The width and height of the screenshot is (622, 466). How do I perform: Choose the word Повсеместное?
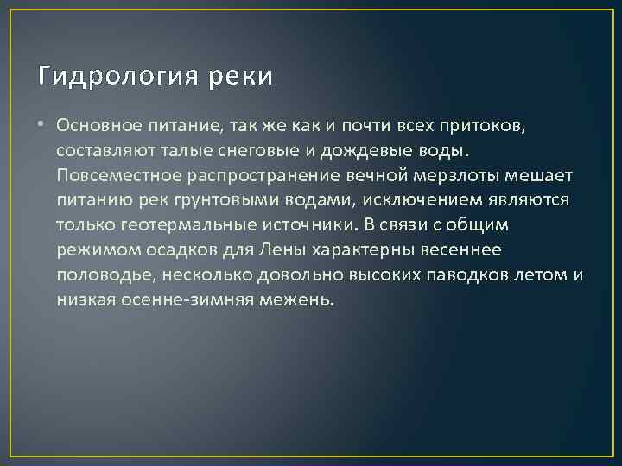114,176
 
